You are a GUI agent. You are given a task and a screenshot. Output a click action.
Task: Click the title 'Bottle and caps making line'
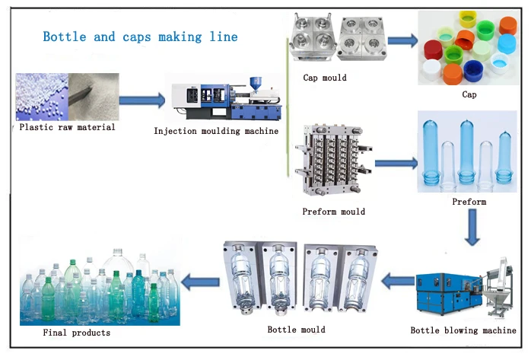click(x=140, y=37)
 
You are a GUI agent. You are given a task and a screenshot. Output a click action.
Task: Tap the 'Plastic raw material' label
click(x=68, y=127)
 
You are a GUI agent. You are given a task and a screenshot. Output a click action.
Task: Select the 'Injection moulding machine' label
click(x=216, y=131)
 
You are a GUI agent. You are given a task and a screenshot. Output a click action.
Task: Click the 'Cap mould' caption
click(x=325, y=78)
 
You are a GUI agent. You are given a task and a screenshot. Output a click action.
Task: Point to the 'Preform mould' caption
click(x=334, y=211)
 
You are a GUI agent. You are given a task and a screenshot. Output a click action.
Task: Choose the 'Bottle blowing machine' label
click(x=463, y=330)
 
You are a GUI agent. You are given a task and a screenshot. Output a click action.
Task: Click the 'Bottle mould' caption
click(x=297, y=330)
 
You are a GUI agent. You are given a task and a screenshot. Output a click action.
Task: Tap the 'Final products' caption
click(x=77, y=333)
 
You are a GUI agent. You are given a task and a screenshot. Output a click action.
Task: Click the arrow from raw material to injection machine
click(x=141, y=99)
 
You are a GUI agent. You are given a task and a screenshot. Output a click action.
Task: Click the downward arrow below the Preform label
click(x=473, y=227)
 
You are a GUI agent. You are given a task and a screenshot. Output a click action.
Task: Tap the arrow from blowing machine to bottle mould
click(x=397, y=282)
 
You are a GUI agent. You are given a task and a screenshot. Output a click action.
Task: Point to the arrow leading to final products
click(x=201, y=282)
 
